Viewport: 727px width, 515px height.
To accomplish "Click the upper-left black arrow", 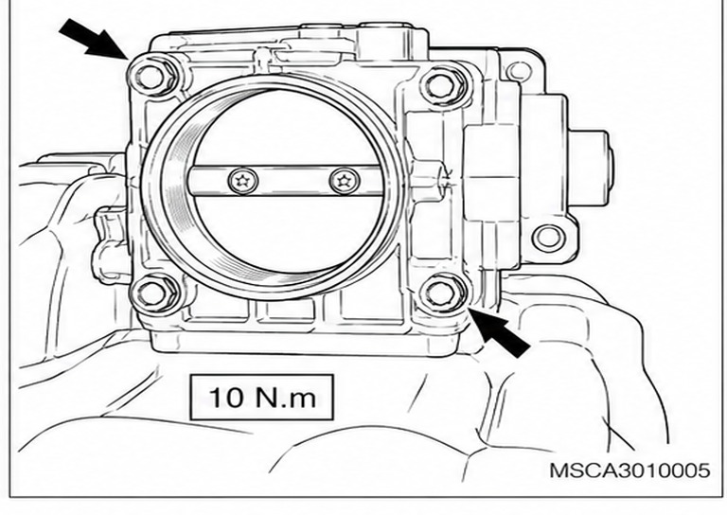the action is pyautogui.click(x=94, y=40).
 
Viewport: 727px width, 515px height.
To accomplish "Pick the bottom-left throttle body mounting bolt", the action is pyautogui.click(x=152, y=292).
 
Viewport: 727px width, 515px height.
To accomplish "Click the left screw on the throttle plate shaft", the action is pyautogui.click(x=243, y=180).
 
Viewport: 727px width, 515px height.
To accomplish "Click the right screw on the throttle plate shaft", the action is pyautogui.click(x=344, y=180).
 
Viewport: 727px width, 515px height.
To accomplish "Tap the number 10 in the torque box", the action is pyautogui.click(x=226, y=398).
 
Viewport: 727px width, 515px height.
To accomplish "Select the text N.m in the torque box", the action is pyautogui.click(x=286, y=398).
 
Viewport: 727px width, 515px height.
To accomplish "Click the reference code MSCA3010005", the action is pyautogui.click(x=629, y=471).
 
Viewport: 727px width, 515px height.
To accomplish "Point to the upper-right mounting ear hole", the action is pyautogui.click(x=519, y=72).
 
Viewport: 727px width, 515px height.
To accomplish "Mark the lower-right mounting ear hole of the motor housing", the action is pyautogui.click(x=548, y=238).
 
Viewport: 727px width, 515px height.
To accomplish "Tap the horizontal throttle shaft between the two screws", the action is pyautogui.click(x=293, y=180).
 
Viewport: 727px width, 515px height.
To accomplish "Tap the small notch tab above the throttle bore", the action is pyautogui.click(x=264, y=58).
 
